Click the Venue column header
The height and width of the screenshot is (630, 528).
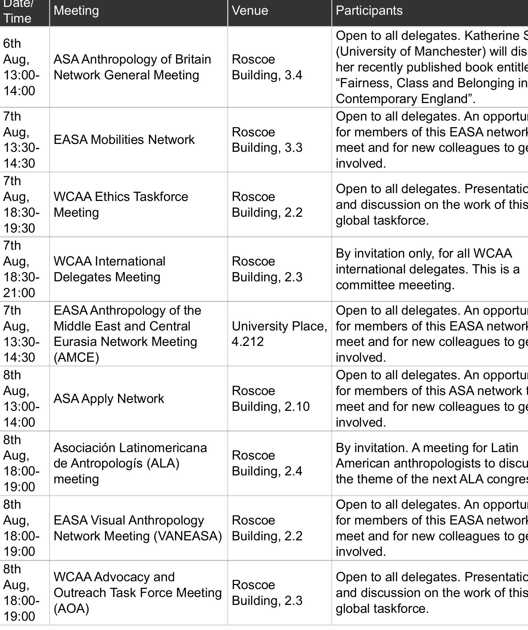(250, 11)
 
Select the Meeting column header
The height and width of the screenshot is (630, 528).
(76, 11)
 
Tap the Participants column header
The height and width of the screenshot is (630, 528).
(369, 11)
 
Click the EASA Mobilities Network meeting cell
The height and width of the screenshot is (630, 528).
(124, 140)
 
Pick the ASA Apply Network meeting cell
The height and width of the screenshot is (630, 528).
(109, 399)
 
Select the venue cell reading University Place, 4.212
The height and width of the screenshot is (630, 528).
(279, 334)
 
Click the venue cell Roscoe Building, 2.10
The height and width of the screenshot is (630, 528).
(271, 399)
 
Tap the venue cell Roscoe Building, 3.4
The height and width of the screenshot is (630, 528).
(267, 67)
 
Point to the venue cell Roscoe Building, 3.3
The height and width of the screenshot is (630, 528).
(267, 140)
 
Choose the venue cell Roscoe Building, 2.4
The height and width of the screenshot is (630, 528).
(267, 463)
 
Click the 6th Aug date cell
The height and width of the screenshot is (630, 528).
(21, 67)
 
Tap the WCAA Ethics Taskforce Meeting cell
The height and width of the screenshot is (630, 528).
(120, 205)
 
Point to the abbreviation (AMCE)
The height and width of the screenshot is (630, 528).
(76, 358)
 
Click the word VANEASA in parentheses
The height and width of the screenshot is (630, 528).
(188, 536)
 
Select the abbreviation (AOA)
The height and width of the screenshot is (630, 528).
(71, 609)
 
